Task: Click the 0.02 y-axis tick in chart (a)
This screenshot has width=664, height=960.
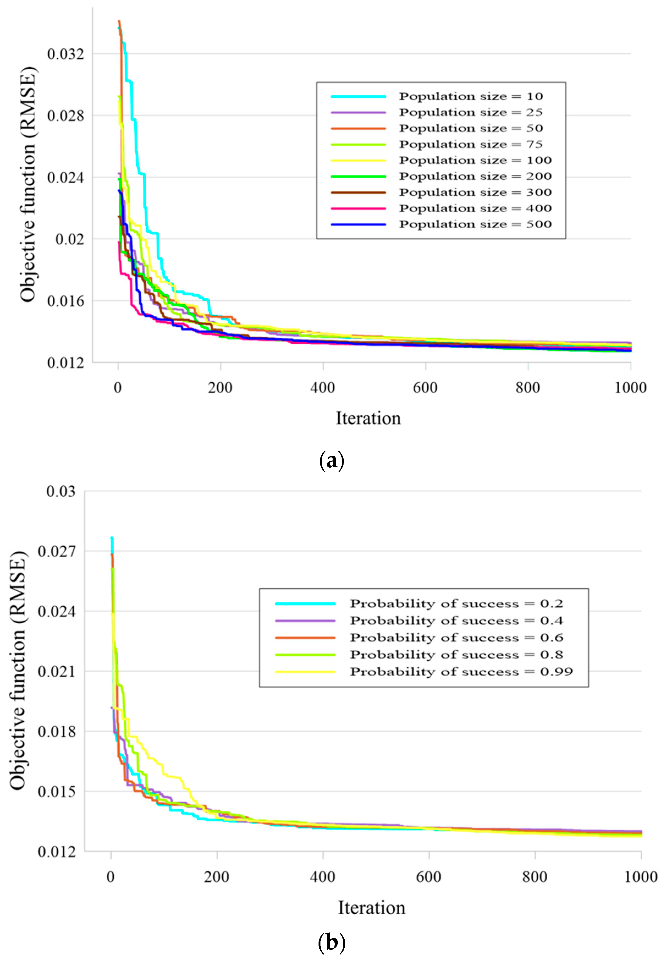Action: (70, 239)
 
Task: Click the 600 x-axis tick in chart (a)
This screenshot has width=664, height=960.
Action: (425, 388)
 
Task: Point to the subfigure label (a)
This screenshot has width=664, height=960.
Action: (331, 461)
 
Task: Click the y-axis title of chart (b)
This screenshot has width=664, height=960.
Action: (18, 671)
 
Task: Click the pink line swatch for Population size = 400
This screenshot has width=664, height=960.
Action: (358, 209)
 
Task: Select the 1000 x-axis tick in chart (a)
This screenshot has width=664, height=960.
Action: (630, 388)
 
